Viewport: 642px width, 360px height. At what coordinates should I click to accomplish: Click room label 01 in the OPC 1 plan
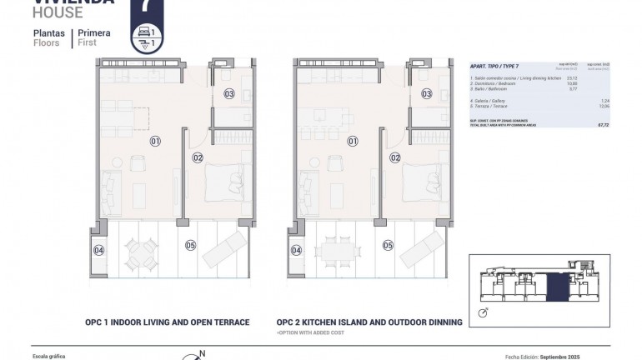coord(155,142)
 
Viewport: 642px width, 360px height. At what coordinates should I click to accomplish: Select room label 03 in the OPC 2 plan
coord(426,94)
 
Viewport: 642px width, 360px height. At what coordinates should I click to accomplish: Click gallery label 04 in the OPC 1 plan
coord(98,250)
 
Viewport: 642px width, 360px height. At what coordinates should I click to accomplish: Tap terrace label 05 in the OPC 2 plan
coord(388,245)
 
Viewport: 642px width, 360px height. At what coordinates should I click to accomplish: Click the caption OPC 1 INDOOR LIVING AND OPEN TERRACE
coord(167,322)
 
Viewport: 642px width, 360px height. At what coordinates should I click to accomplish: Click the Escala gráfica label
coord(48,355)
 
